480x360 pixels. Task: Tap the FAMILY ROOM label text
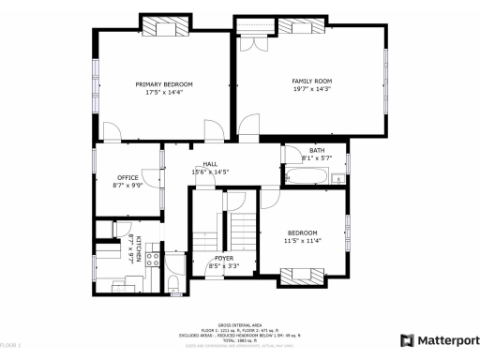pyautogui.click(x=311, y=82)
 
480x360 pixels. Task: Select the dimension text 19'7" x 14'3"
pyautogui.click(x=311, y=90)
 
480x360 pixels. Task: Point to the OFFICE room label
pyautogui.click(x=127, y=177)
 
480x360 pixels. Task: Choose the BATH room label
pyautogui.click(x=317, y=151)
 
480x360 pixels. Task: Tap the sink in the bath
pyautogui.click(x=337, y=177)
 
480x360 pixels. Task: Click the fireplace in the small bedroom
pyautogui.click(x=303, y=274)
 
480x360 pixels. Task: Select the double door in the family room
pyautogui.click(x=249, y=42)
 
